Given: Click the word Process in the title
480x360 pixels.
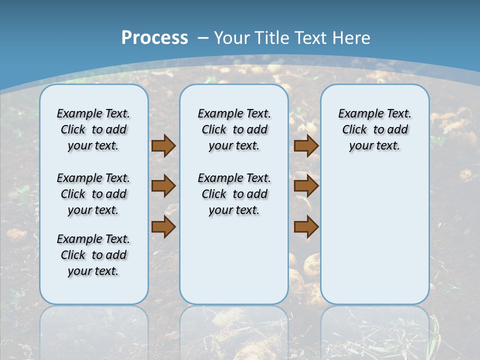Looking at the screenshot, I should [x=154, y=38].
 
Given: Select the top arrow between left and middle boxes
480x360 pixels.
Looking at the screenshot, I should [x=163, y=146].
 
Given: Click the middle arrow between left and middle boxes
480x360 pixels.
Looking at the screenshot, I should [x=163, y=186].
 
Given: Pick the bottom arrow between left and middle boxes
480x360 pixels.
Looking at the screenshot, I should [x=163, y=226].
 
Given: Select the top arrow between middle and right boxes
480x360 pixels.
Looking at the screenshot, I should [x=306, y=146].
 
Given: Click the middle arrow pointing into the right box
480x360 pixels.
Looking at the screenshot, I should [x=306, y=186].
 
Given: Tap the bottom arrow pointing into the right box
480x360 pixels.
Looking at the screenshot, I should [x=306, y=226].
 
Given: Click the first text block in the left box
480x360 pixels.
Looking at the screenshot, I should [x=93, y=129].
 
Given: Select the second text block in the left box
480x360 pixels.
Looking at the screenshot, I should [x=93, y=194].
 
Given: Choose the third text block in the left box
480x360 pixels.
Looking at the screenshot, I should [x=93, y=255].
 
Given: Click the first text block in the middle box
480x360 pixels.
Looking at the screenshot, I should [x=234, y=129].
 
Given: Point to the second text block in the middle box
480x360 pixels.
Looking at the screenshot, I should [x=234, y=194].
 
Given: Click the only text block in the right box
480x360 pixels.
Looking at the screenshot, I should [x=374, y=129].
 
